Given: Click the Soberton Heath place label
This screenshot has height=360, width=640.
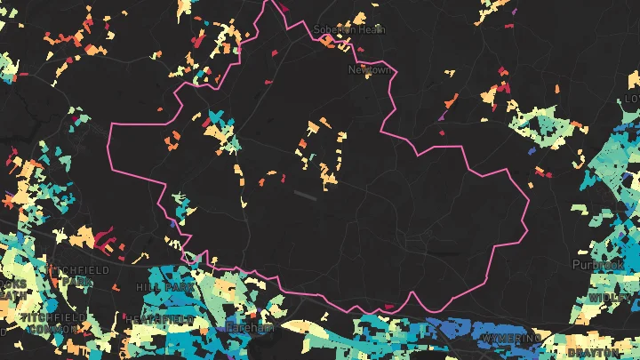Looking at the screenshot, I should [348, 29].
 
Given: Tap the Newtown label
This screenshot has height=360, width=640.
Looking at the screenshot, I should [369, 69].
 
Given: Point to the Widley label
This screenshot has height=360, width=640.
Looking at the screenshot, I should [607, 296].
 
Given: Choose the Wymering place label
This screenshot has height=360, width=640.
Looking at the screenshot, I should [510, 339].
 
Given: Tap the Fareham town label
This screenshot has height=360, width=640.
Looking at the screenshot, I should [250, 328].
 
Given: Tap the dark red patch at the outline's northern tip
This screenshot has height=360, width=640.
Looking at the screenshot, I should [277, 4].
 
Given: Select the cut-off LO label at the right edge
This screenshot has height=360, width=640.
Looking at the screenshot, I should [632, 98].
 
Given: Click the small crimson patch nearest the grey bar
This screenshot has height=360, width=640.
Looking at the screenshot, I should [263, 182].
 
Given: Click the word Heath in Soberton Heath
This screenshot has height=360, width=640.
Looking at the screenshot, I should [371, 29].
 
